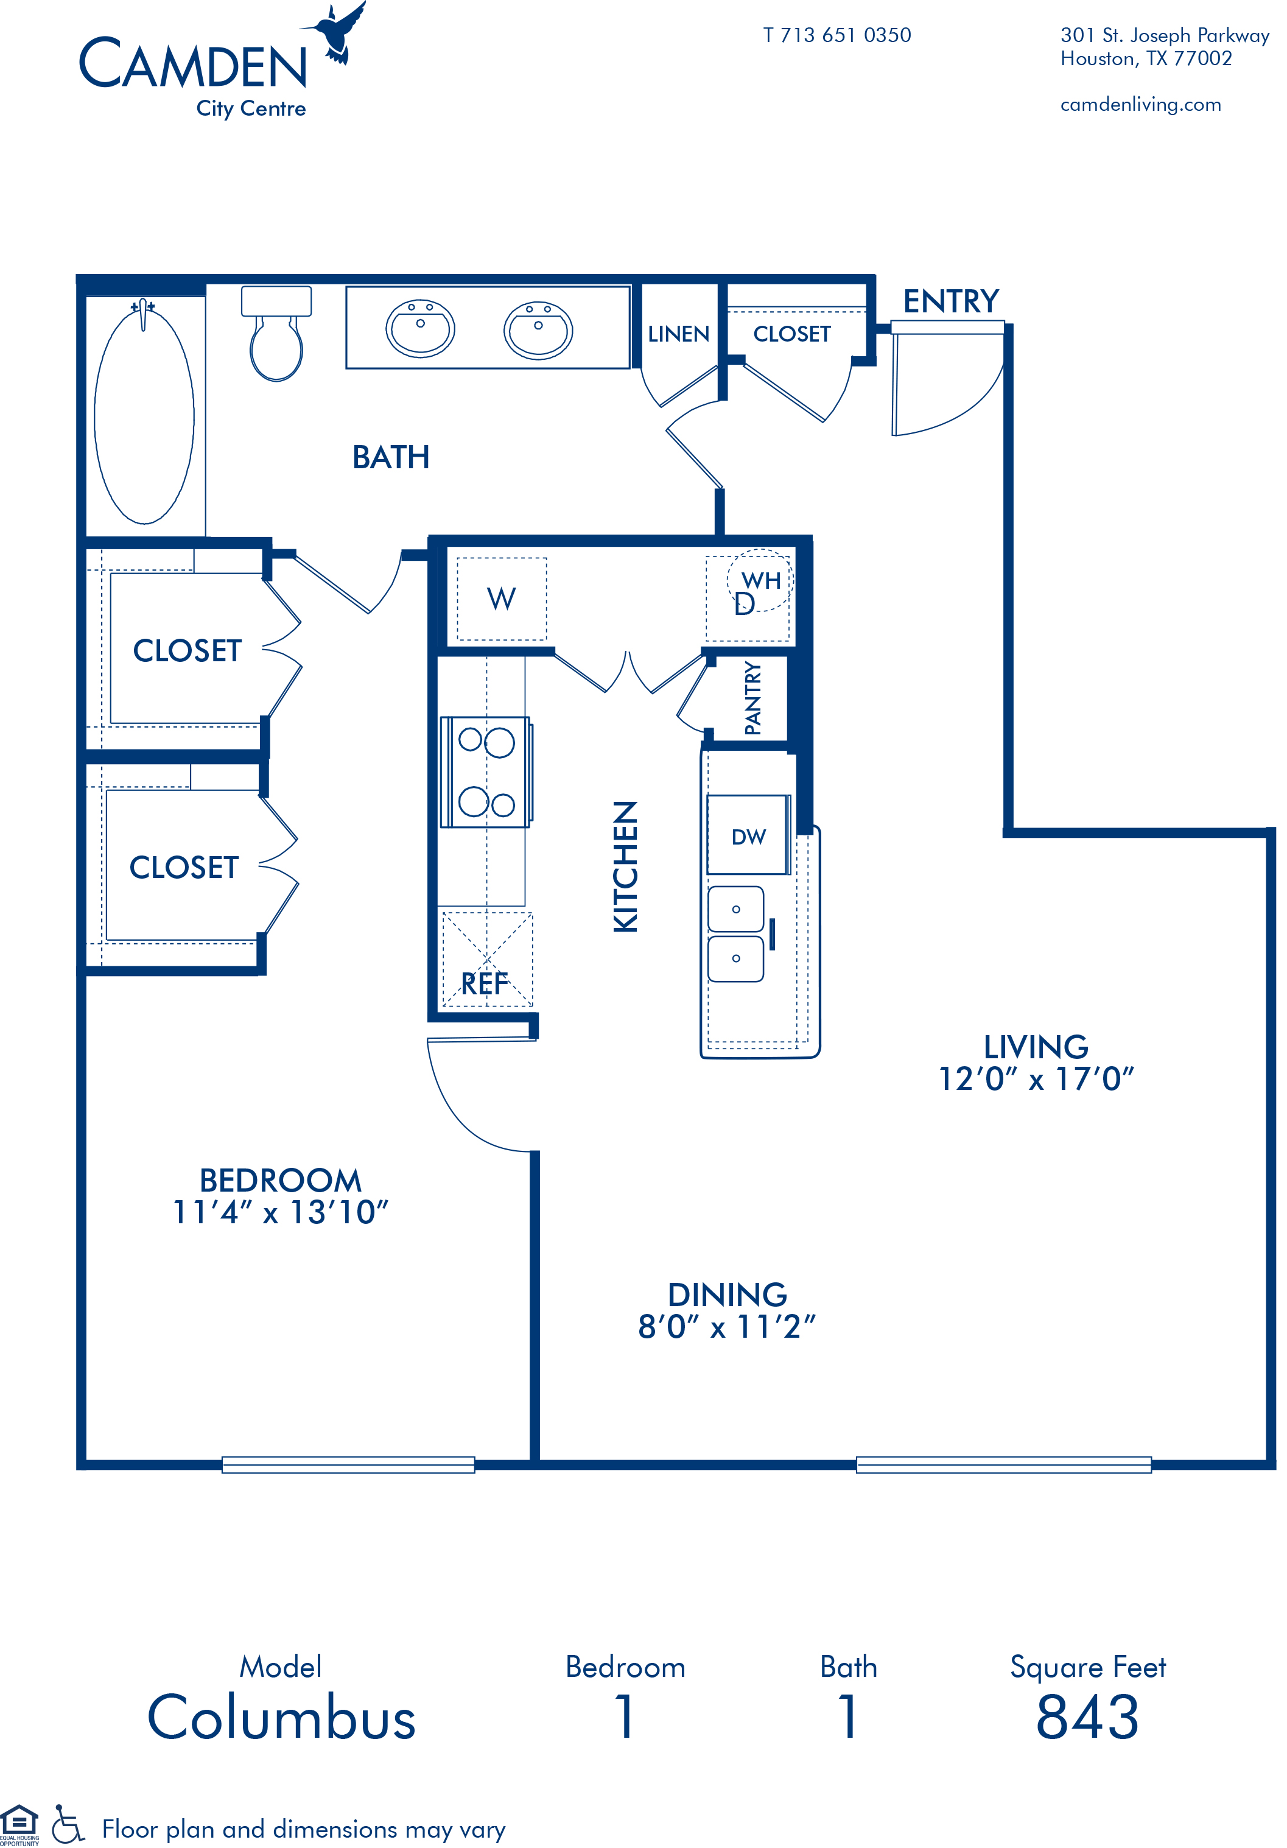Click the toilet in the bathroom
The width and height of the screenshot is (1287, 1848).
tap(276, 333)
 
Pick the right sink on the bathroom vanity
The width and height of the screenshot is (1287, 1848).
tap(538, 330)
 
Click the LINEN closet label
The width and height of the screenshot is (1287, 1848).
tap(679, 334)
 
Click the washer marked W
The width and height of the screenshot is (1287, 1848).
tap(502, 599)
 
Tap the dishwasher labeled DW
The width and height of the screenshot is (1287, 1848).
tap(748, 835)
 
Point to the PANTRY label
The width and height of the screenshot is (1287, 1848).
tap(752, 698)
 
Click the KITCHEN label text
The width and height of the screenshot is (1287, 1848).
tap(625, 867)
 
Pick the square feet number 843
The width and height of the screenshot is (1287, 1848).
tap(1087, 1718)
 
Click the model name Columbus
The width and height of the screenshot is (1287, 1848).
tap(281, 1718)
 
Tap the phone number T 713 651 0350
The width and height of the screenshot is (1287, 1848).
tap(837, 35)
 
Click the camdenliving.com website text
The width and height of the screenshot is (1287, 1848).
tap(1140, 105)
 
